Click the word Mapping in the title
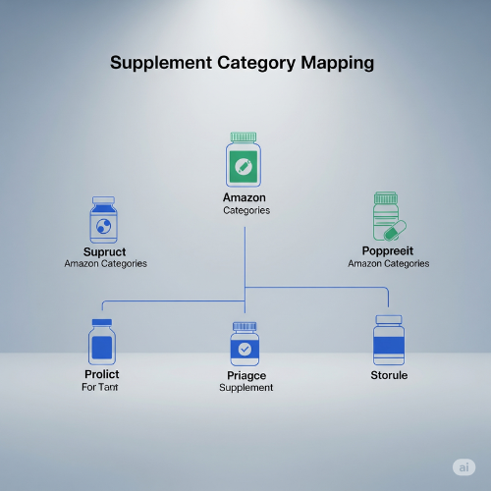pos(338,63)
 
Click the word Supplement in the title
pos(161,63)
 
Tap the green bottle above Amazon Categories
pos(244,159)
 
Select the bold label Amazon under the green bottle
pos(245,197)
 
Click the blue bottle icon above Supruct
pos(103,220)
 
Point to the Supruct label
pos(104,252)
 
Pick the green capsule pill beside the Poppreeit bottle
pos(395,230)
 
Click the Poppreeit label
pos(388,251)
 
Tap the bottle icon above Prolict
pos(102,342)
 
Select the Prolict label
pos(102,374)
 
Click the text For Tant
pos(100,387)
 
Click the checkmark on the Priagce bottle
pos(245,349)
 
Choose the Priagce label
pos(246,376)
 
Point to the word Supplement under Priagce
pos(246,388)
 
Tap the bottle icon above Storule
pos(389,340)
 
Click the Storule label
pos(389,375)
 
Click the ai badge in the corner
pos(464,467)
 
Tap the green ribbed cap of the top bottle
pos(244,136)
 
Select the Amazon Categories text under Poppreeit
pos(389,263)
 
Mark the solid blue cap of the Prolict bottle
pos(102,322)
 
